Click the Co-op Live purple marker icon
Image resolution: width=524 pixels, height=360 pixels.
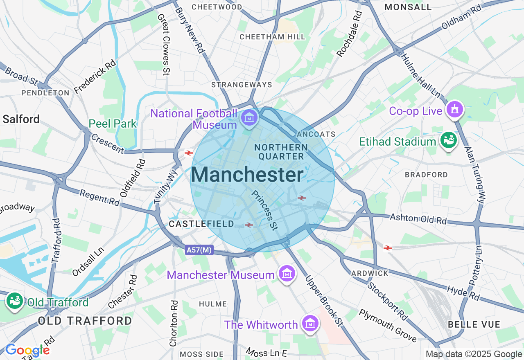click(x=455, y=110)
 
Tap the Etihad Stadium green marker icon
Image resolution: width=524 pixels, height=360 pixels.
click(x=448, y=140)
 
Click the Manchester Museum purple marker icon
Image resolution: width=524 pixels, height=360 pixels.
click(x=287, y=273)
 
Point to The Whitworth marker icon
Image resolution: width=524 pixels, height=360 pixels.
click(x=310, y=324)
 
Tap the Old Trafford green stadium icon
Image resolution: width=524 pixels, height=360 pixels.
click(x=15, y=301)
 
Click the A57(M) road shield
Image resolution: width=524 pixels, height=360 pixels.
click(x=199, y=250)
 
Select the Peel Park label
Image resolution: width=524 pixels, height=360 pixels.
click(x=113, y=124)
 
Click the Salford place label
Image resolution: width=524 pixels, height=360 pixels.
click(x=21, y=119)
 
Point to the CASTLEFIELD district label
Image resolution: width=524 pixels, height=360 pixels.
click(x=201, y=224)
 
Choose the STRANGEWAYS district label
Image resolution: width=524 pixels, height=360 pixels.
click(x=242, y=85)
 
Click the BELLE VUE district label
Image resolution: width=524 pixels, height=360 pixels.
click(x=474, y=324)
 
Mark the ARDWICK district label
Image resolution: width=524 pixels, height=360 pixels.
click(x=370, y=273)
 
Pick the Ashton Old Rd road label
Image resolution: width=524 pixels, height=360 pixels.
click(x=418, y=218)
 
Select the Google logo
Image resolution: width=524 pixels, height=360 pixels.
click(x=27, y=350)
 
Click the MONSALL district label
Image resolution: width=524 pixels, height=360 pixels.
click(x=408, y=7)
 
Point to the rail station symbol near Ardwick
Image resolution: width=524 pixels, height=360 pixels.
click(x=387, y=248)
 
